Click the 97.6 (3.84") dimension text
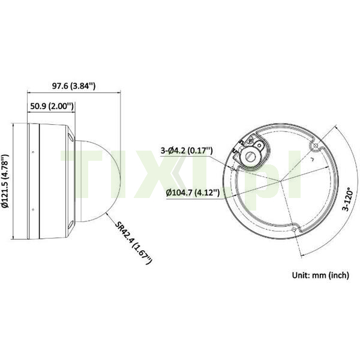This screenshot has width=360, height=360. point(74,86)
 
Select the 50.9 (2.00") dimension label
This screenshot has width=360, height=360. point(52,106)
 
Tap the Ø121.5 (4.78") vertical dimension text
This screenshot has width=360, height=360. point(5,181)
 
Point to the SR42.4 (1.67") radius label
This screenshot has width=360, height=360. point(133,242)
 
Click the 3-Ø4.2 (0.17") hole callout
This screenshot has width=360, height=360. point(187,151)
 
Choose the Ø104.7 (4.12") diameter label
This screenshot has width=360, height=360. point(193,193)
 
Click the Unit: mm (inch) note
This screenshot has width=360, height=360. point(320,275)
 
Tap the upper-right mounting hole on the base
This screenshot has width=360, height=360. point(316,145)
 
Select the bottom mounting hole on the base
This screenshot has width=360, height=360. point(294,229)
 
